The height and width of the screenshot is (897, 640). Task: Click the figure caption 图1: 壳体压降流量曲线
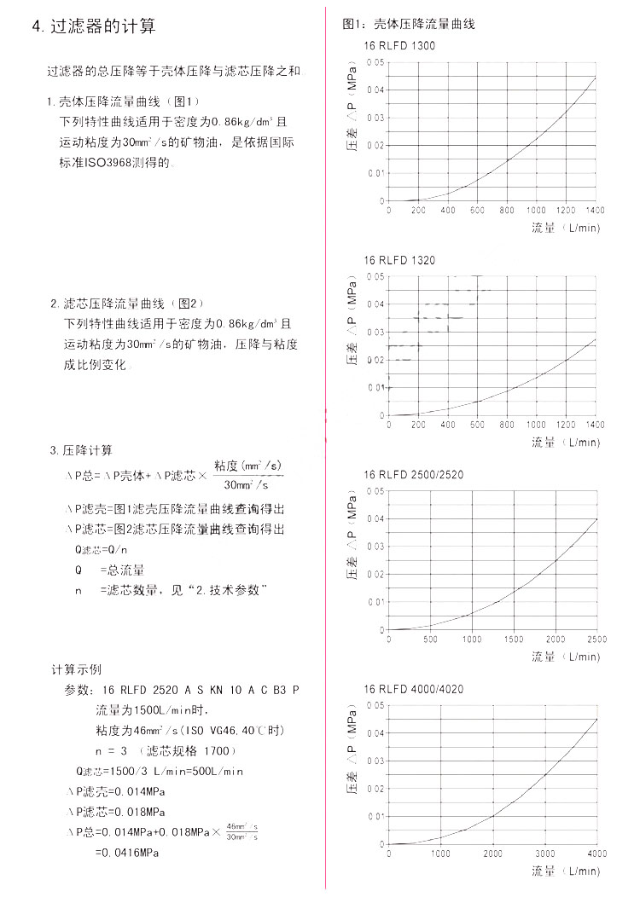408,24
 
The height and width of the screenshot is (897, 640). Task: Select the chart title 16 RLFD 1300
399,46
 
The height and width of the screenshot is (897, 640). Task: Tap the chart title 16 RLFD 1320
399,260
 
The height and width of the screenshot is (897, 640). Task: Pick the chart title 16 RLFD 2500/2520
414,475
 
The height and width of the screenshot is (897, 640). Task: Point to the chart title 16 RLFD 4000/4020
414,689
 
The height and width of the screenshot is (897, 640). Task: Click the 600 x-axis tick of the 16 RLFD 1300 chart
477,210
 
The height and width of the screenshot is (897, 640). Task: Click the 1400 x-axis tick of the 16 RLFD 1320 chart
596,425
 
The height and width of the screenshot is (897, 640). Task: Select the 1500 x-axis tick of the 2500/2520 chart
514,639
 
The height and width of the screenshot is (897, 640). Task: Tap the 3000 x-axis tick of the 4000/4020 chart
545,854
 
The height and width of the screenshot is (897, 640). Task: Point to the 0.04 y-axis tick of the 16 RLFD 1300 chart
375,90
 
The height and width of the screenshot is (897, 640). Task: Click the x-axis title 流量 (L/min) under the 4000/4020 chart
566,871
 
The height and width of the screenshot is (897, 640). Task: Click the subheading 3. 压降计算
81,450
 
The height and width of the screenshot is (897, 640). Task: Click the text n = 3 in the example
111,750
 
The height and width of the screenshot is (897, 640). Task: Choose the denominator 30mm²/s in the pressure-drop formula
247,485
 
